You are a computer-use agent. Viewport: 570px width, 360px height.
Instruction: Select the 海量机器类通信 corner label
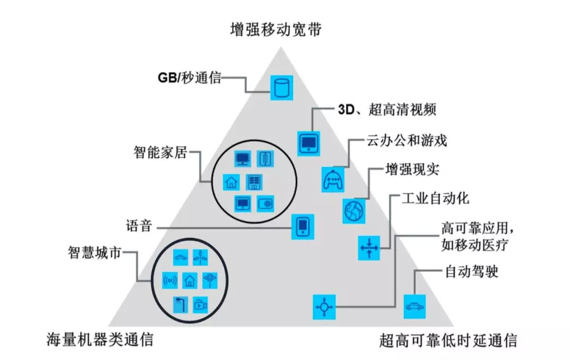(x=100, y=339)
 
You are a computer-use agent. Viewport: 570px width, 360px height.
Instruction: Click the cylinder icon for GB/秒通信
(x=281, y=88)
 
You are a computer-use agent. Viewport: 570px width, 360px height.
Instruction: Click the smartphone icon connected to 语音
(x=303, y=228)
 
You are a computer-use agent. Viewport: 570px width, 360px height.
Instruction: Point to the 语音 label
(x=139, y=228)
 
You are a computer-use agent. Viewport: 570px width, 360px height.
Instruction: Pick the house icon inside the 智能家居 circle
(x=231, y=182)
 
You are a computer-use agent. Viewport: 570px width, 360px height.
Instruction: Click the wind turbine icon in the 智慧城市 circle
(x=200, y=258)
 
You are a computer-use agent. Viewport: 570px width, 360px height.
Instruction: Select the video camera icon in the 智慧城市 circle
(x=200, y=305)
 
